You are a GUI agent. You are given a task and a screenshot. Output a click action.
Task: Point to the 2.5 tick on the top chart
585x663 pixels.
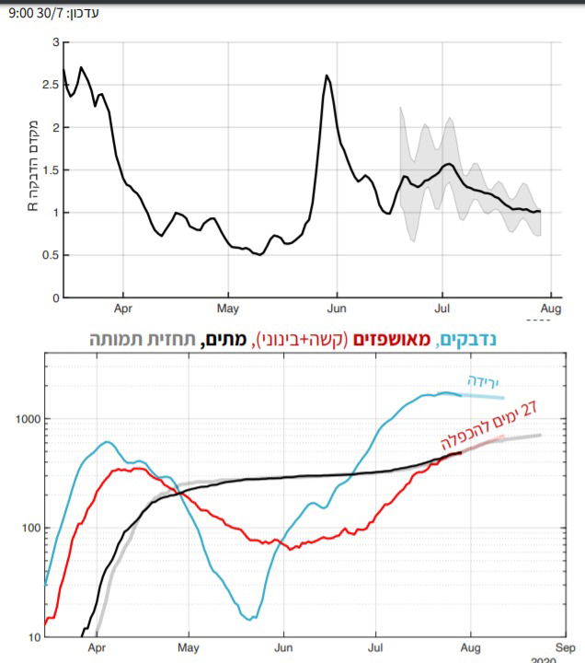click(52, 86)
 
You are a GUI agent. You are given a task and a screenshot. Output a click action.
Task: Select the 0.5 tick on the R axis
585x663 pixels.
click(52, 255)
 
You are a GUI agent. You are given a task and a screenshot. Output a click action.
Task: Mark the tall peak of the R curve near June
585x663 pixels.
click(327, 76)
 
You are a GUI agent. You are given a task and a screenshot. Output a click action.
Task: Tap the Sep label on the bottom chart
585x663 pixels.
click(565, 647)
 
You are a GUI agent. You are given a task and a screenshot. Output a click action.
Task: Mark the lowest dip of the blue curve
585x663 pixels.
click(250, 619)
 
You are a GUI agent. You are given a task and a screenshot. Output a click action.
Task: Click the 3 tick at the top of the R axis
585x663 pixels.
click(55, 43)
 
